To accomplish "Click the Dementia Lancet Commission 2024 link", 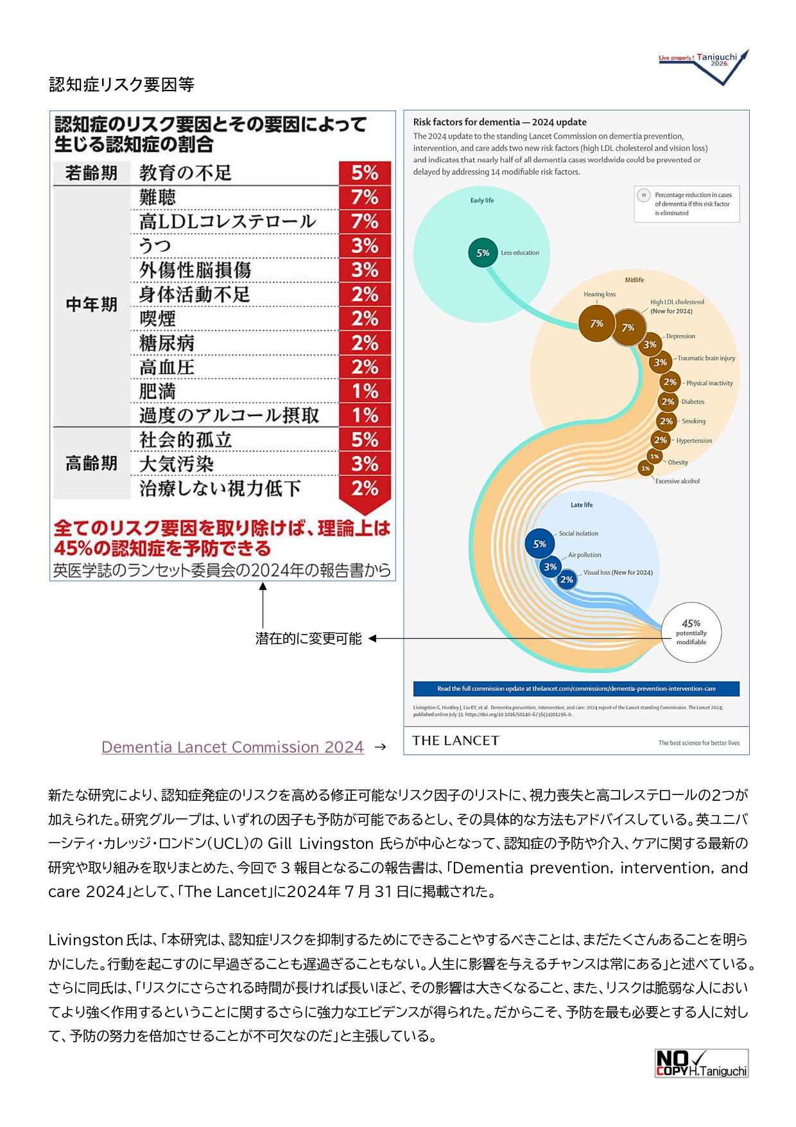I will (x=232, y=747).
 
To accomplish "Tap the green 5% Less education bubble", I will (x=483, y=253).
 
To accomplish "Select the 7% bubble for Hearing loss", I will (x=596, y=324).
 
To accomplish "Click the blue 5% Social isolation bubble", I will (x=540, y=544).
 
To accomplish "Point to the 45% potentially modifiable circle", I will (x=691, y=632).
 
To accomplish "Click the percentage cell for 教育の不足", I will (x=365, y=173).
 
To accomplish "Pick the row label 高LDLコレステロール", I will (x=228, y=222).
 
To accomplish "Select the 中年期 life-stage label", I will (x=92, y=304).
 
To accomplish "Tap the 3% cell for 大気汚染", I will (x=365, y=464).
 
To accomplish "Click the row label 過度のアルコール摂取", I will (x=229, y=415).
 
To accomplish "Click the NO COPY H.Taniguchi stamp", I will (x=701, y=1063).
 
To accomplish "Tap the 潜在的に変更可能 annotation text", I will (x=308, y=638).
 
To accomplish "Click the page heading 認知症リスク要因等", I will (x=121, y=85).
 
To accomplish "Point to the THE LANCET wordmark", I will (x=455, y=740).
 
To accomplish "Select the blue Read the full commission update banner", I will (x=576, y=688).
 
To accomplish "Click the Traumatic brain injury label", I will (x=706, y=358).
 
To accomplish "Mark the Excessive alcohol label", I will (x=677, y=481).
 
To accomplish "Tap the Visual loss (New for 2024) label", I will (x=618, y=572).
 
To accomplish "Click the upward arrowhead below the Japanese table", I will (x=263, y=586).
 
